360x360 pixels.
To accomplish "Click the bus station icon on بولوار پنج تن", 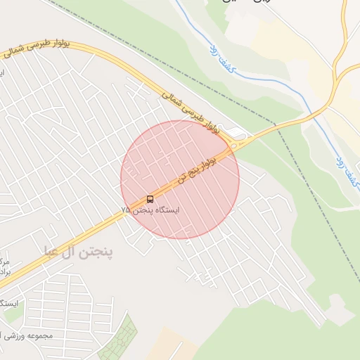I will click(150, 199).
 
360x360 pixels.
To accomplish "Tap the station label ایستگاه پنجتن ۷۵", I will click(150, 210).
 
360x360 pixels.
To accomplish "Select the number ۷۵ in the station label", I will click(125, 210).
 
